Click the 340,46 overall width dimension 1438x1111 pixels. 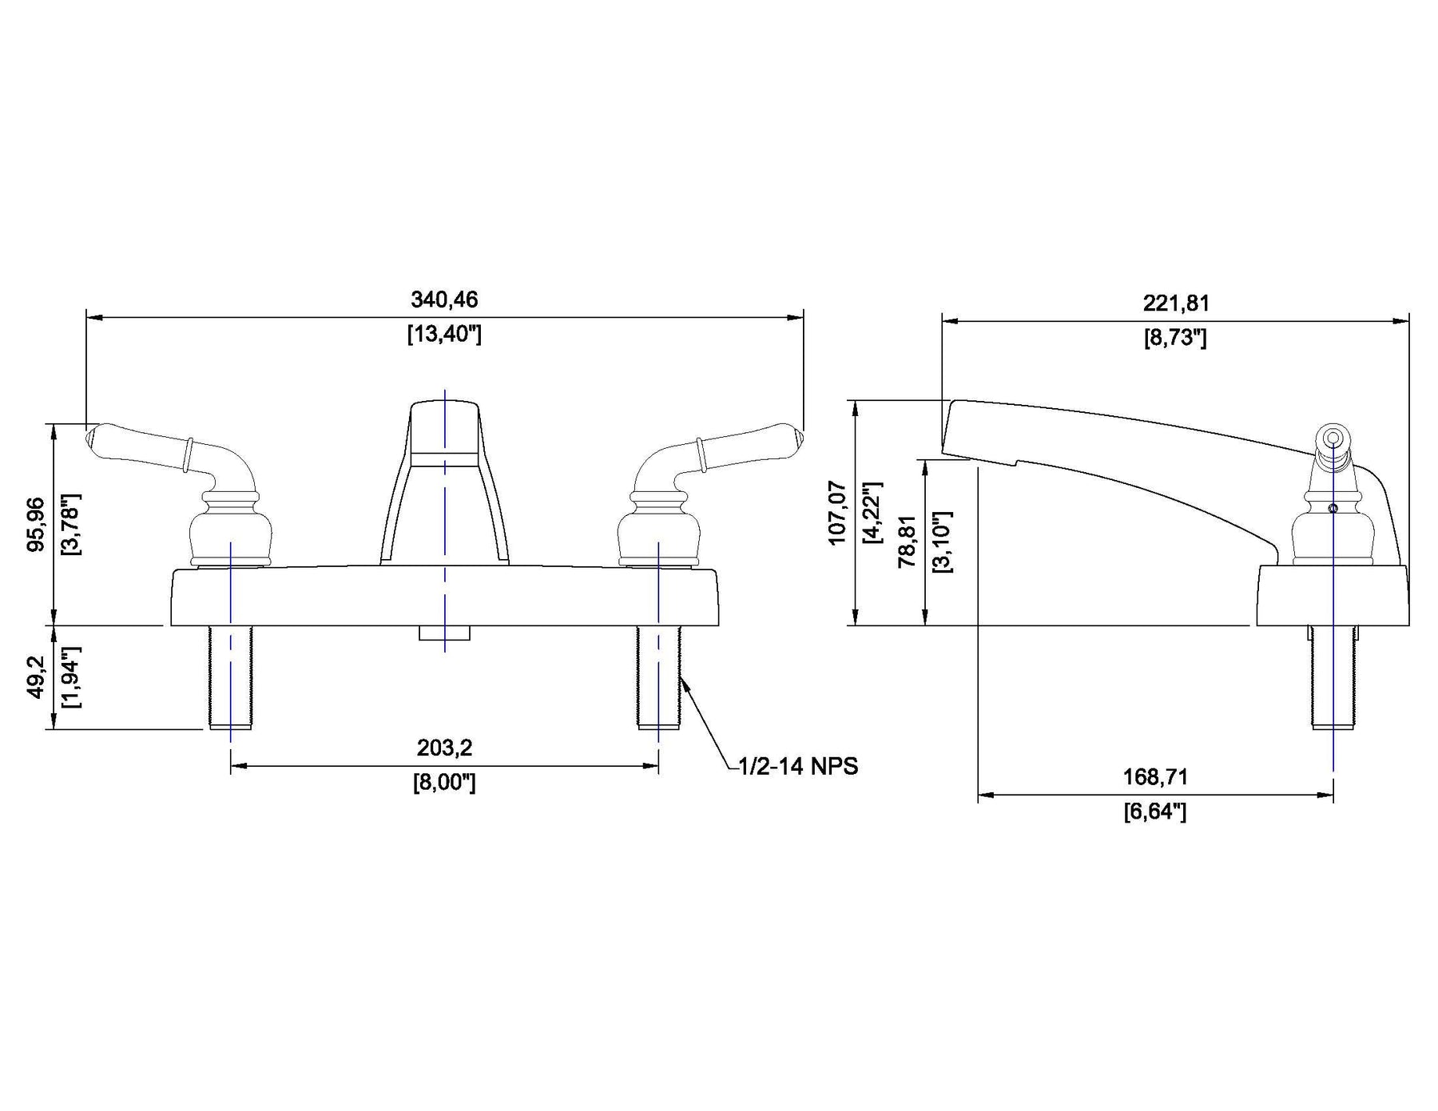click(x=444, y=300)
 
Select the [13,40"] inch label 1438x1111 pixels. click(x=444, y=334)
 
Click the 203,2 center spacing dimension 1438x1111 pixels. click(x=444, y=748)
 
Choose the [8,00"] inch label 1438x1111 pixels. click(x=444, y=782)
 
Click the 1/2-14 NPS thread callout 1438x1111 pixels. click(x=798, y=767)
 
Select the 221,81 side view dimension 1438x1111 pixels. click(x=1176, y=304)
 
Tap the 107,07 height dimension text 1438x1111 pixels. click(x=837, y=513)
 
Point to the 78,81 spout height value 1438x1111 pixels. click(x=907, y=541)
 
